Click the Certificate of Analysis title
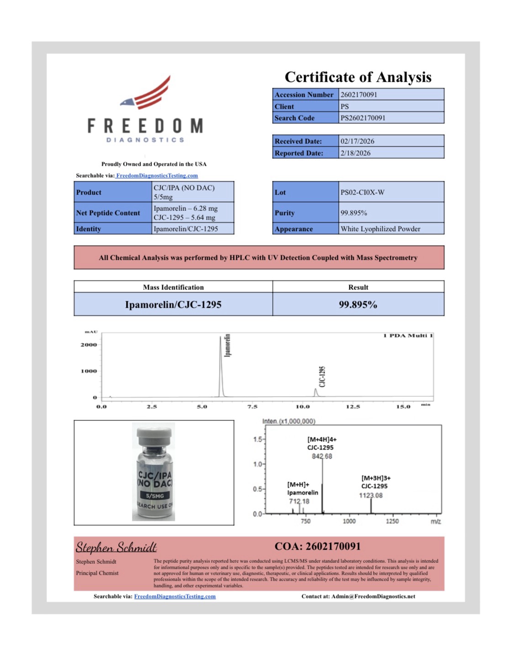(358, 77)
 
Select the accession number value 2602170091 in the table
(359, 94)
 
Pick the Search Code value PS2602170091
(363, 118)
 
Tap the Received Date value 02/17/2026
(357, 141)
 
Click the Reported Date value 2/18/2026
(355, 153)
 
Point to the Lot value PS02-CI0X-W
(362, 192)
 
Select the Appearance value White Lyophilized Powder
(380, 229)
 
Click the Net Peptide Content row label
(108, 213)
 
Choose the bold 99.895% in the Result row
(358, 304)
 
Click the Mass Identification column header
(173, 287)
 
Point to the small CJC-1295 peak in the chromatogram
(316, 392)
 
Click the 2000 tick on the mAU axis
(89, 345)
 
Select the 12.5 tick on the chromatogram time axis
(353, 406)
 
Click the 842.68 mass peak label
(322, 456)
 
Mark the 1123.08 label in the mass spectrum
(370, 495)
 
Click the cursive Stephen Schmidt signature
(116, 547)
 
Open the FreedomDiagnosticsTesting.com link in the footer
(174, 596)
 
